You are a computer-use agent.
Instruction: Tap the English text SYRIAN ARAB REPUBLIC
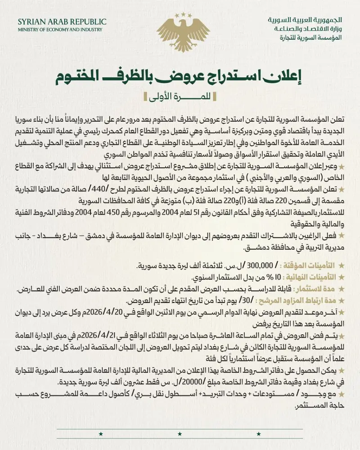tap(62, 22)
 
